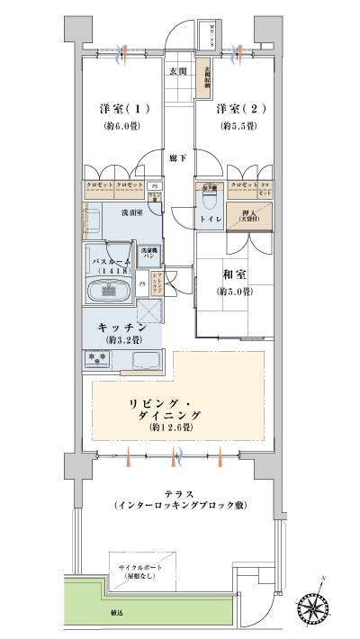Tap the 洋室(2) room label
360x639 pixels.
238,109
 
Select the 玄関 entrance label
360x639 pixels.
177,71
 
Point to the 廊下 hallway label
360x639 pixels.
179,157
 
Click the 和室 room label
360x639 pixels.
233,274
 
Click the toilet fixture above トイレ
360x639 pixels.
208,195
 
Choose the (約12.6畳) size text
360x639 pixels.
171,427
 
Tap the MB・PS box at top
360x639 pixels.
207,36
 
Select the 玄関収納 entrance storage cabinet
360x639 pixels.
206,75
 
